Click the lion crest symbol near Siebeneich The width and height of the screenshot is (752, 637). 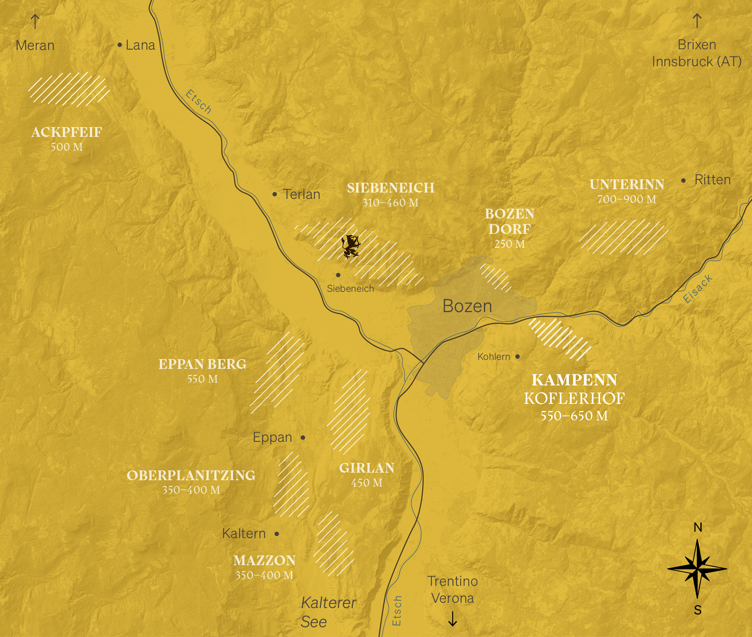(x=350, y=246)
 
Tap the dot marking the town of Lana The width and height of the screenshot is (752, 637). (x=120, y=45)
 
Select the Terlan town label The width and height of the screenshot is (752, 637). (x=302, y=194)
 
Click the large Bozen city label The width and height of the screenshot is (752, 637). (x=467, y=306)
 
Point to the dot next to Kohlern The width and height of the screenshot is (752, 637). (x=518, y=356)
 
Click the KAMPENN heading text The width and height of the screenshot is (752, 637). (x=574, y=380)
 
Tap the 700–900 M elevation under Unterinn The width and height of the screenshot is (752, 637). (x=627, y=199)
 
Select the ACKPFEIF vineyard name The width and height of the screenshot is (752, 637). (x=67, y=132)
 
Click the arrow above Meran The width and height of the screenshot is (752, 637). (x=35, y=21)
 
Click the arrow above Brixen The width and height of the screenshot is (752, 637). (x=697, y=21)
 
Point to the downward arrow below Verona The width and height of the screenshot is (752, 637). (x=452, y=619)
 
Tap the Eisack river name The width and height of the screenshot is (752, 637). (x=697, y=289)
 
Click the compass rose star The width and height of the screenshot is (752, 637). (x=697, y=569)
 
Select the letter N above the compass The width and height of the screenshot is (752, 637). (x=698, y=528)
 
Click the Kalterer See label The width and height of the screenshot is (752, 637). (x=328, y=612)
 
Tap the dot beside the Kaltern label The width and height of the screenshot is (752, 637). (x=277, y=534)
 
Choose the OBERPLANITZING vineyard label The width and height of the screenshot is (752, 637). (x=191, y=476)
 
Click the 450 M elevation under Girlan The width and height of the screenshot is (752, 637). (x=367, y=483)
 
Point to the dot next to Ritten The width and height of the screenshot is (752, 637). (x=684, y=180)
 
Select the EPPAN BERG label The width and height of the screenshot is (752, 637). (x=202, y=364)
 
